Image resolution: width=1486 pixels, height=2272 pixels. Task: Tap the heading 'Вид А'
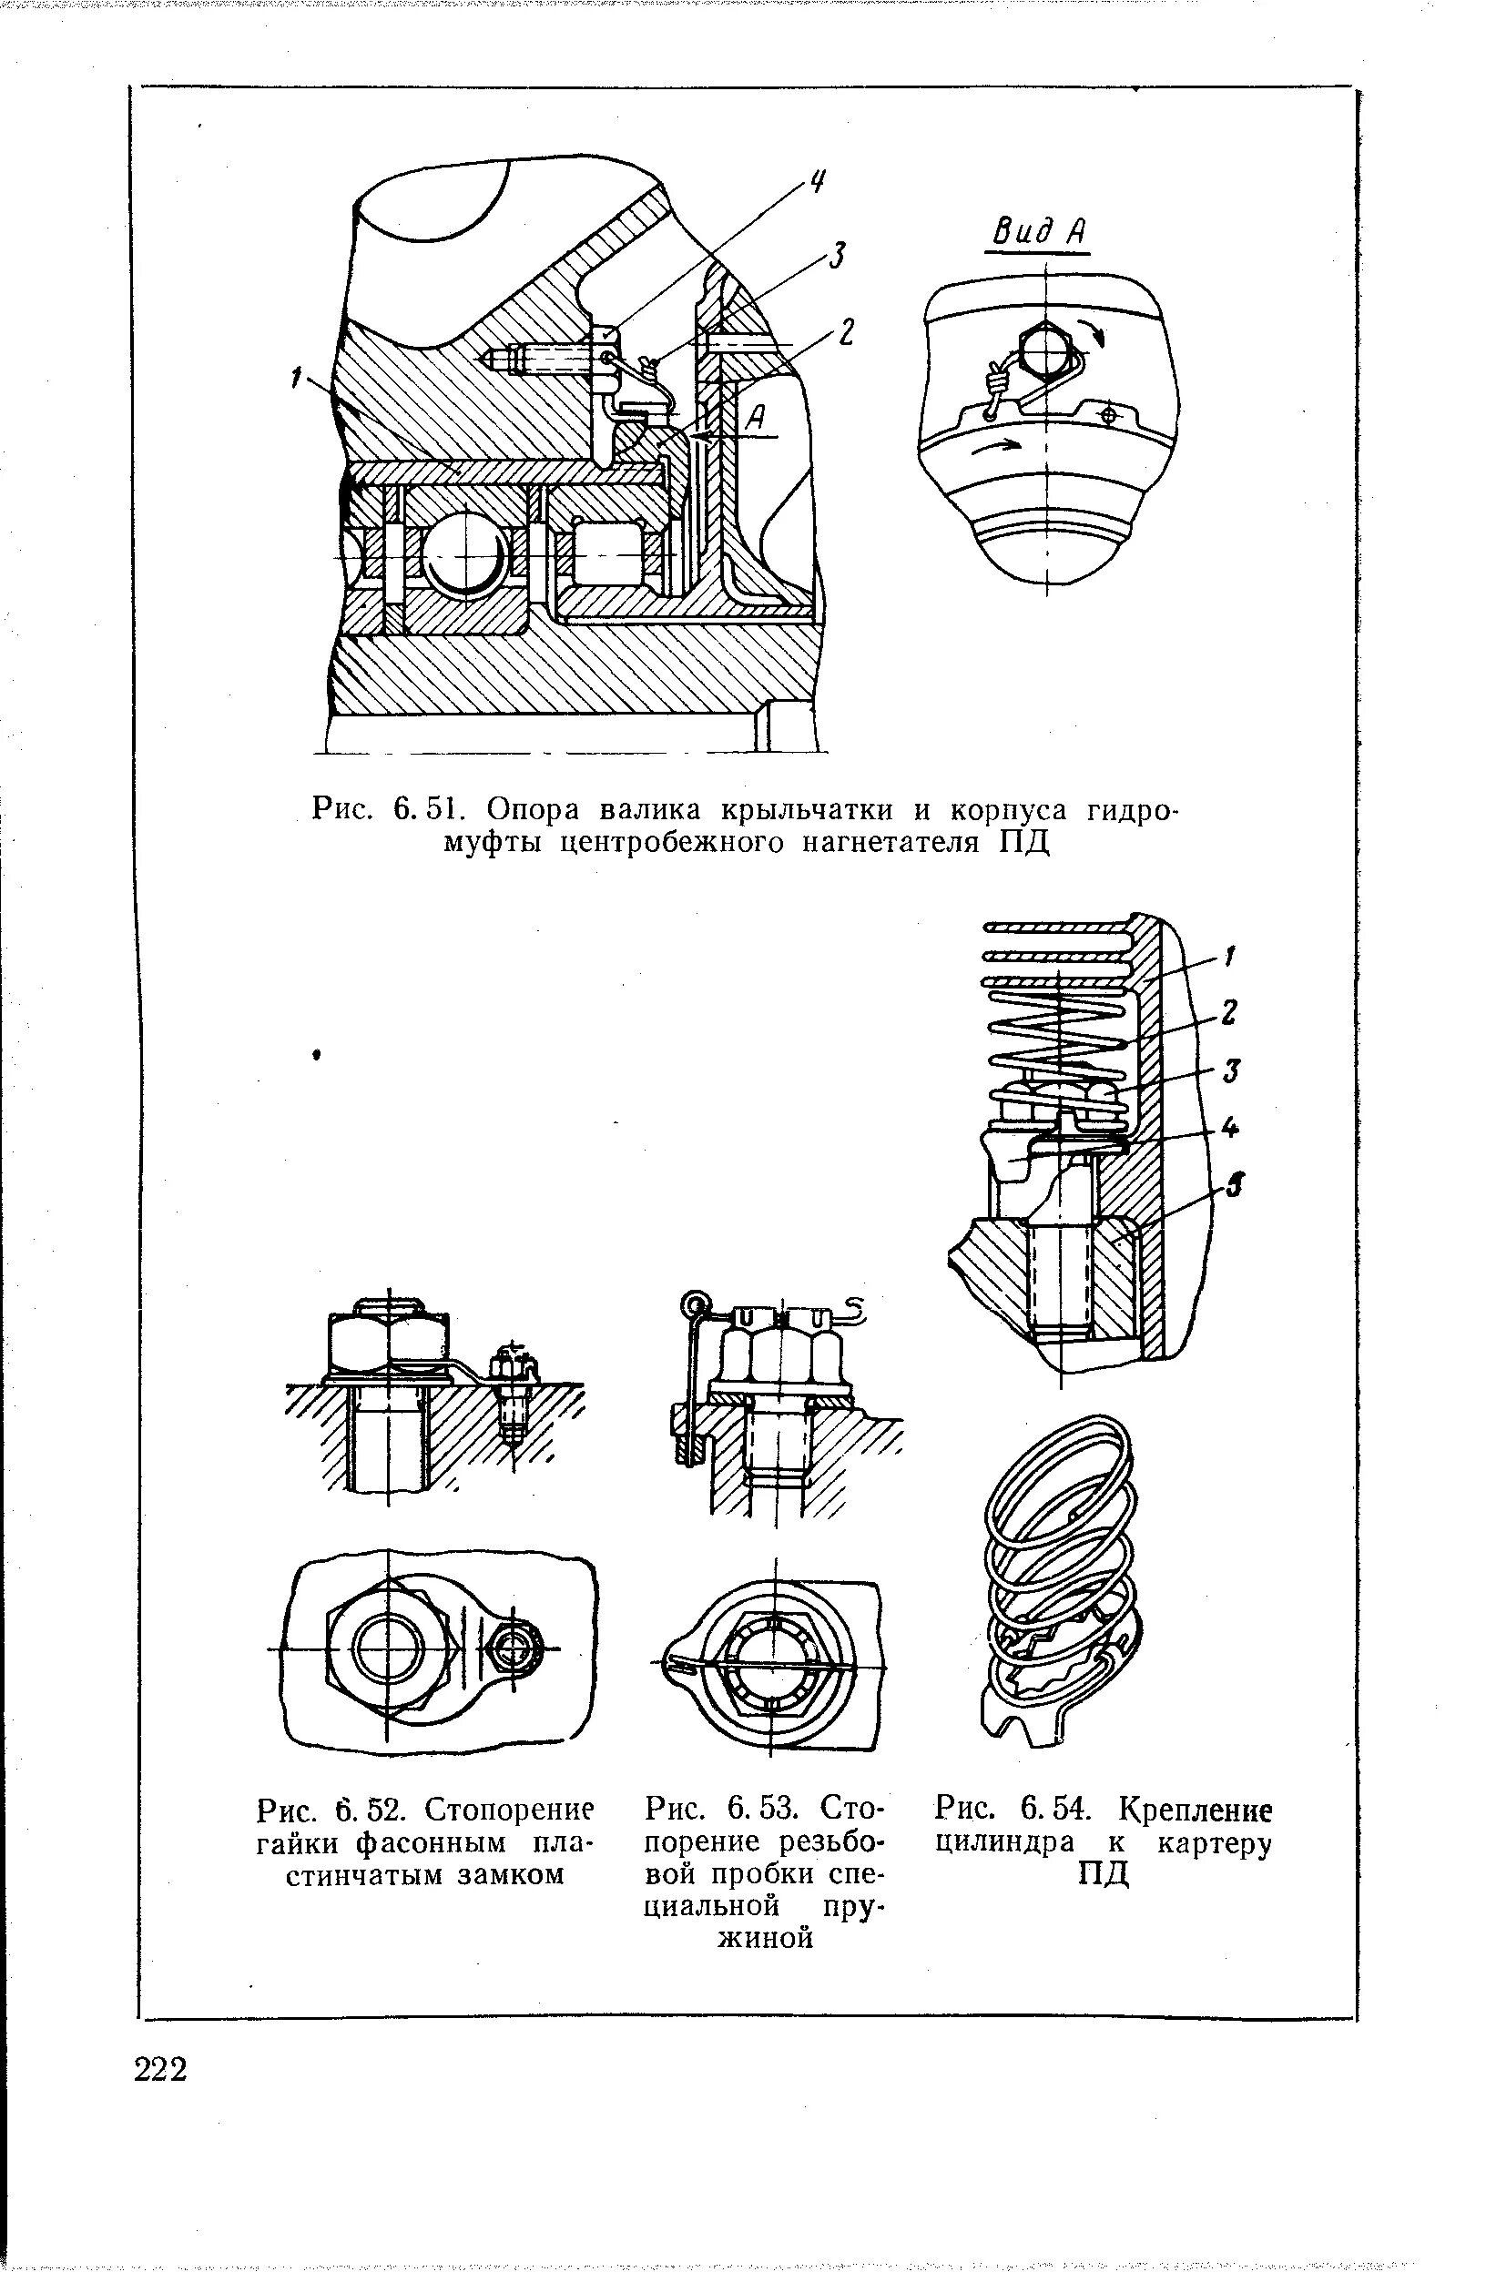coord(1040,232)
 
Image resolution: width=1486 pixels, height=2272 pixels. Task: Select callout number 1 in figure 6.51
coord(297,380)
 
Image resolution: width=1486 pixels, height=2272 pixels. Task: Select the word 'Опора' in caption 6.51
coord(532,809)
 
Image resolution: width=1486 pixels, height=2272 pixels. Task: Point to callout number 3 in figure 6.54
coord(1233,1070)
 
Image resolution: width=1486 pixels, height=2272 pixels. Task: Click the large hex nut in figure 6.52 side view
coord(388,1338)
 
